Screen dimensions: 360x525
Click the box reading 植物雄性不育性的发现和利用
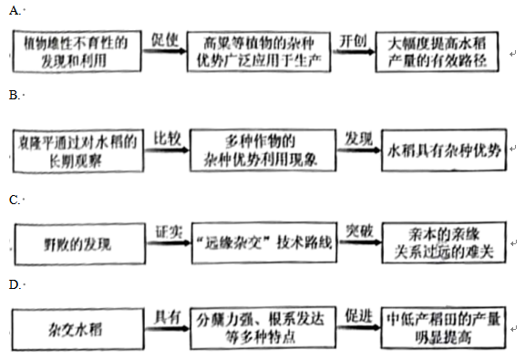tap(80, 51)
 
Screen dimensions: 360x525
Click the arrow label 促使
tap(163, 40)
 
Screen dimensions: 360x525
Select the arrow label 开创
tap(353, 41)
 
